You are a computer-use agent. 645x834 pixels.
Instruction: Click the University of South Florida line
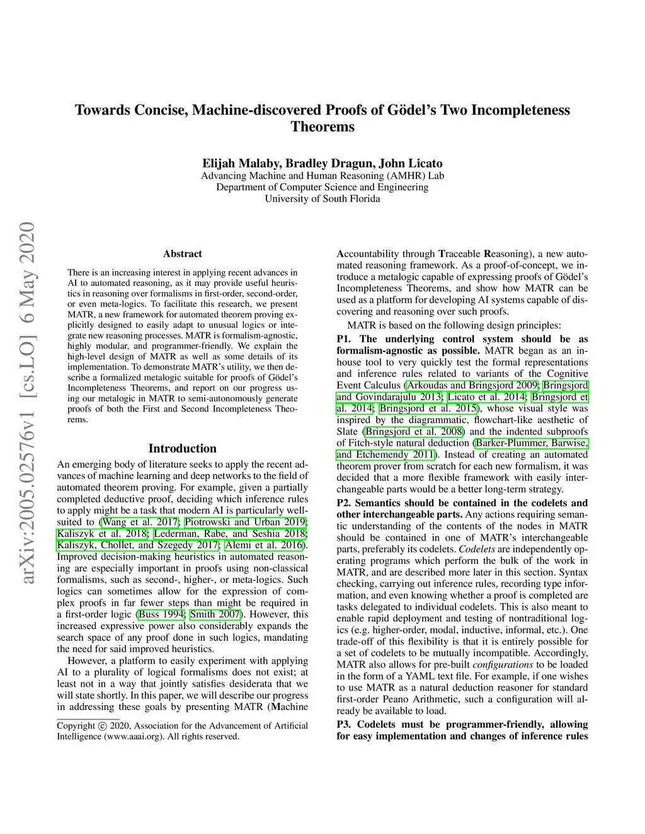pyautogui.click(x=322, y=199)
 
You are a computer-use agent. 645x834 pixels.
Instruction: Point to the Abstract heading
pyautogui.click(x=183, y=254)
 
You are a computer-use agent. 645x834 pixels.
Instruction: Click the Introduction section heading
pyautogui.click(x=183, y=449)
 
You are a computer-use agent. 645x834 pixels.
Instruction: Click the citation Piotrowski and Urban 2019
pyautogui.click(x=245, y=522)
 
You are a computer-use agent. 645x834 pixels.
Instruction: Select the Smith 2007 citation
pyautogui.click(x=217, y=614)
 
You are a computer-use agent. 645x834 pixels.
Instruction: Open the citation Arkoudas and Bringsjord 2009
pyautogui.click(x=472, y=385)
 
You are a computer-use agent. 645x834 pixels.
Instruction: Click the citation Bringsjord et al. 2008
pyautogui.click(x=414, y=432)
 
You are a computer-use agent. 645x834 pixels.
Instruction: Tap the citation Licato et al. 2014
pyautogui.click(x=488, y=397)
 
